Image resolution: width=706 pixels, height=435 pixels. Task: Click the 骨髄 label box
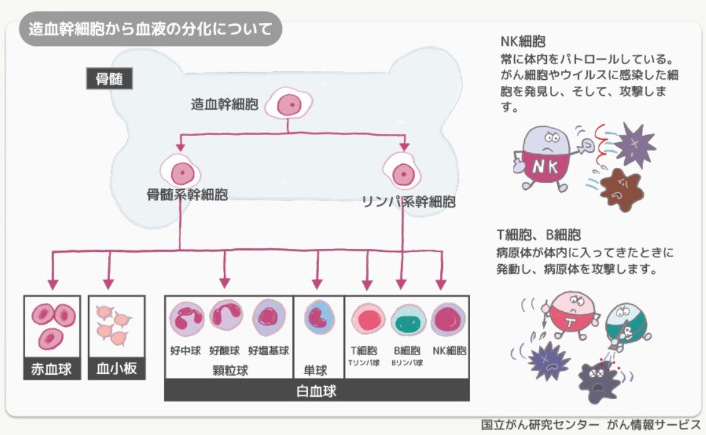point(109,79)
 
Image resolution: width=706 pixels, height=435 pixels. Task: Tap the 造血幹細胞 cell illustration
point(289,104)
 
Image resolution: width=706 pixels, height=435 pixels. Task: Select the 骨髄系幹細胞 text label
point(188,195)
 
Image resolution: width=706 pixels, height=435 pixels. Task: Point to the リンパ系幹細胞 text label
point(409,202)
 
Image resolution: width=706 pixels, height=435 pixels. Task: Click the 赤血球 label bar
point(52,369)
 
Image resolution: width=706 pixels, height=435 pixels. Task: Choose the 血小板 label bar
point(116,369)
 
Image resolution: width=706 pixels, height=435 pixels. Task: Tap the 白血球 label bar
point(317,390)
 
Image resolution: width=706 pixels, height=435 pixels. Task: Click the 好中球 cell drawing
point(187,319)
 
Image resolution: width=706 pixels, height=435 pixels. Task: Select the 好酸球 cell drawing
point(226,317)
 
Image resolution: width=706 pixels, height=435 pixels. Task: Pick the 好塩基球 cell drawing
point(269,317)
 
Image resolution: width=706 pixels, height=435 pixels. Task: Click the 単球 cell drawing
point(319,317)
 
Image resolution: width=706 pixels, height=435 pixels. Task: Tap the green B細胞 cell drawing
point(408,321)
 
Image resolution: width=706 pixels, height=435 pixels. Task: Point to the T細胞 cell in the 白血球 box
point(368,319)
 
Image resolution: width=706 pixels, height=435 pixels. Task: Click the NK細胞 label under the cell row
point(449,350)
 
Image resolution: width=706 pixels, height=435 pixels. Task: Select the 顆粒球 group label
point(230,370)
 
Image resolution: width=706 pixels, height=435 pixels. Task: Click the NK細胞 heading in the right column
point(523,41)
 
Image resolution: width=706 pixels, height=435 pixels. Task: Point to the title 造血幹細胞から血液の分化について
point(150,29)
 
